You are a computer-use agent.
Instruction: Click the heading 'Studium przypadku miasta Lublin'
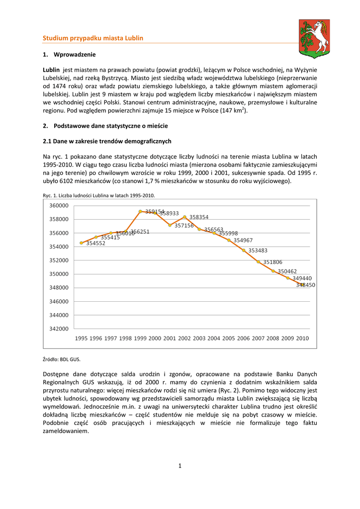click(93, 38)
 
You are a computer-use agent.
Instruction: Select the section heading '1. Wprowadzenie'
click(69, 54)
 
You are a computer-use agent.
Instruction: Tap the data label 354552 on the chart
click(95, 244)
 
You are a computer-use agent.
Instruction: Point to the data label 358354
click(199, 217)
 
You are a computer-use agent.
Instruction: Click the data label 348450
click(305, 285)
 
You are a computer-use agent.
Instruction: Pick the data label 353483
click(258, 251)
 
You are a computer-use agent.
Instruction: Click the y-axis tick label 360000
click(59, 206)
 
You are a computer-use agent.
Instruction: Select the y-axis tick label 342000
click(59, 329)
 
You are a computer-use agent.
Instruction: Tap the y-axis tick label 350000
click(59, 274)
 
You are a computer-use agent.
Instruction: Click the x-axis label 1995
click(81, 339)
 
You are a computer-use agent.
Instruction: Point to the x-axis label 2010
click(302, 339)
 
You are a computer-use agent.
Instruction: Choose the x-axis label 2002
click(184, 339)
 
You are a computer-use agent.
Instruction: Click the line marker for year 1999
click(140, 211)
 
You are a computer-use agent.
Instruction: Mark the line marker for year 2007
click(259, 261)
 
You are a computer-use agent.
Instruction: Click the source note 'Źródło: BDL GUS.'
click(62, 359)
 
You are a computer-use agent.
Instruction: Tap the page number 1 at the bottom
click(180, 466)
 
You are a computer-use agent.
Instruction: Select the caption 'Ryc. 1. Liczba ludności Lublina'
click(99, 196)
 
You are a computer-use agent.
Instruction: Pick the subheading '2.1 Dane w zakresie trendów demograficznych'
click(107, 141)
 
